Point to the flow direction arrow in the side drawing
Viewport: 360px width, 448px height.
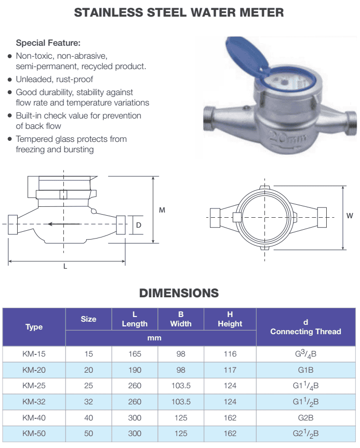pyautogui.click(x=64, y=224)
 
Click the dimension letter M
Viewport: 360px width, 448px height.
pyautogui.click(x=162, y=210)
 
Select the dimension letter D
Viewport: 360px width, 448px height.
pyautogui.click(x=139, y=225)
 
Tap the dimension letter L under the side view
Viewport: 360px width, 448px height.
pyautogui.click(x=65, y=266)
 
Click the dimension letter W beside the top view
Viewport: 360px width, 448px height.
pyautogui.click(x=350, y=216)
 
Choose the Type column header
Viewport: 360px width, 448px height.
pyautogui.click(x=34, y=327)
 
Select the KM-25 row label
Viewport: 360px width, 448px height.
pyautogui.click(x=34, y=386)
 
